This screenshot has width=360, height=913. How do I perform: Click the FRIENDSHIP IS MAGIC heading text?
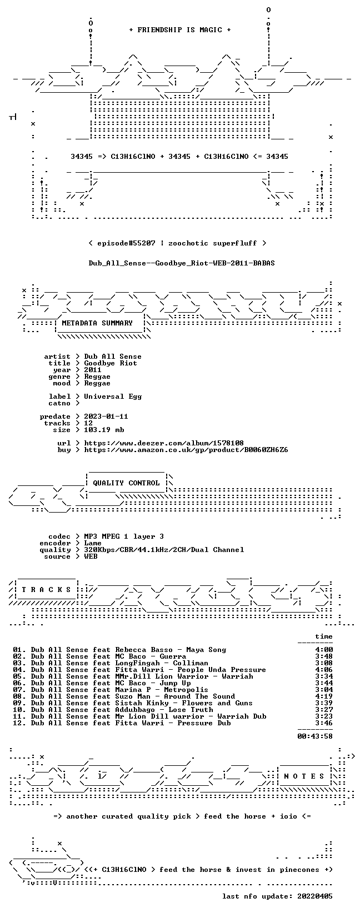(x=180, y=30)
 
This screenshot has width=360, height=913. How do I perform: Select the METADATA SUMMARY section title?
(x=97, y=323)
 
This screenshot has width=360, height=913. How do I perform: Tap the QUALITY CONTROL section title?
(x=126, y=483)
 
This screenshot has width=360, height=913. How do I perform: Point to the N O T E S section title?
(x=304, y=776)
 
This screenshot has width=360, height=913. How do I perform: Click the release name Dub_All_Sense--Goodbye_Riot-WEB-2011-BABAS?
(x=182, y=263)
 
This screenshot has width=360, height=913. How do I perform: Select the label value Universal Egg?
(x=113, y=397)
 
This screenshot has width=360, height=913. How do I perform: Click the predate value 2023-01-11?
(x=106, y=417)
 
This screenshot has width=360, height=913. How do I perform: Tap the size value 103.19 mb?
(x=104, y=430)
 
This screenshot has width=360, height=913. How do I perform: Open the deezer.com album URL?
(x=164, y=443)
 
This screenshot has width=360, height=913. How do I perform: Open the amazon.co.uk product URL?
(x=186, y=450)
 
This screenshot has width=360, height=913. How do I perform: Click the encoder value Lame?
(x=93, y=543)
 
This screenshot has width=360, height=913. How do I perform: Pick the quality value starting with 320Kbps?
(x=164, y=550)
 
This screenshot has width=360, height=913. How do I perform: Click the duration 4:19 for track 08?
(x=324, y=696)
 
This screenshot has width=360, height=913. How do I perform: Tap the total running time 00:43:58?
(x=315, y=736)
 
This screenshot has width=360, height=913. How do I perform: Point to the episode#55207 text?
(x=126, y=243)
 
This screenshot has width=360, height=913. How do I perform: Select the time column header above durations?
(x=324, y=636)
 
